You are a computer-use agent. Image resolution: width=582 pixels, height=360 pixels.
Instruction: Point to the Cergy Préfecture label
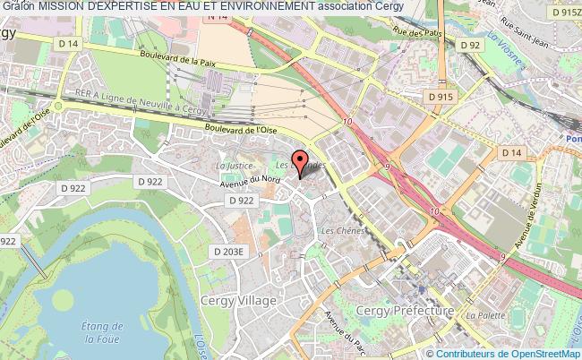[x=406, y=311]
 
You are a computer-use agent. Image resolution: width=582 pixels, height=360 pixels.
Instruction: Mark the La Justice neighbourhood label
[x=232, y=166]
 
